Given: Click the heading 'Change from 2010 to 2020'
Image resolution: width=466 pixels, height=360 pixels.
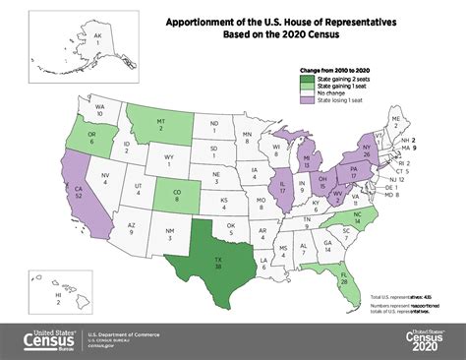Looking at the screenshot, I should click(334, 71).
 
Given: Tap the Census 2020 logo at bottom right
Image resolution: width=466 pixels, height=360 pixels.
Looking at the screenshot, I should click(425, 341).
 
